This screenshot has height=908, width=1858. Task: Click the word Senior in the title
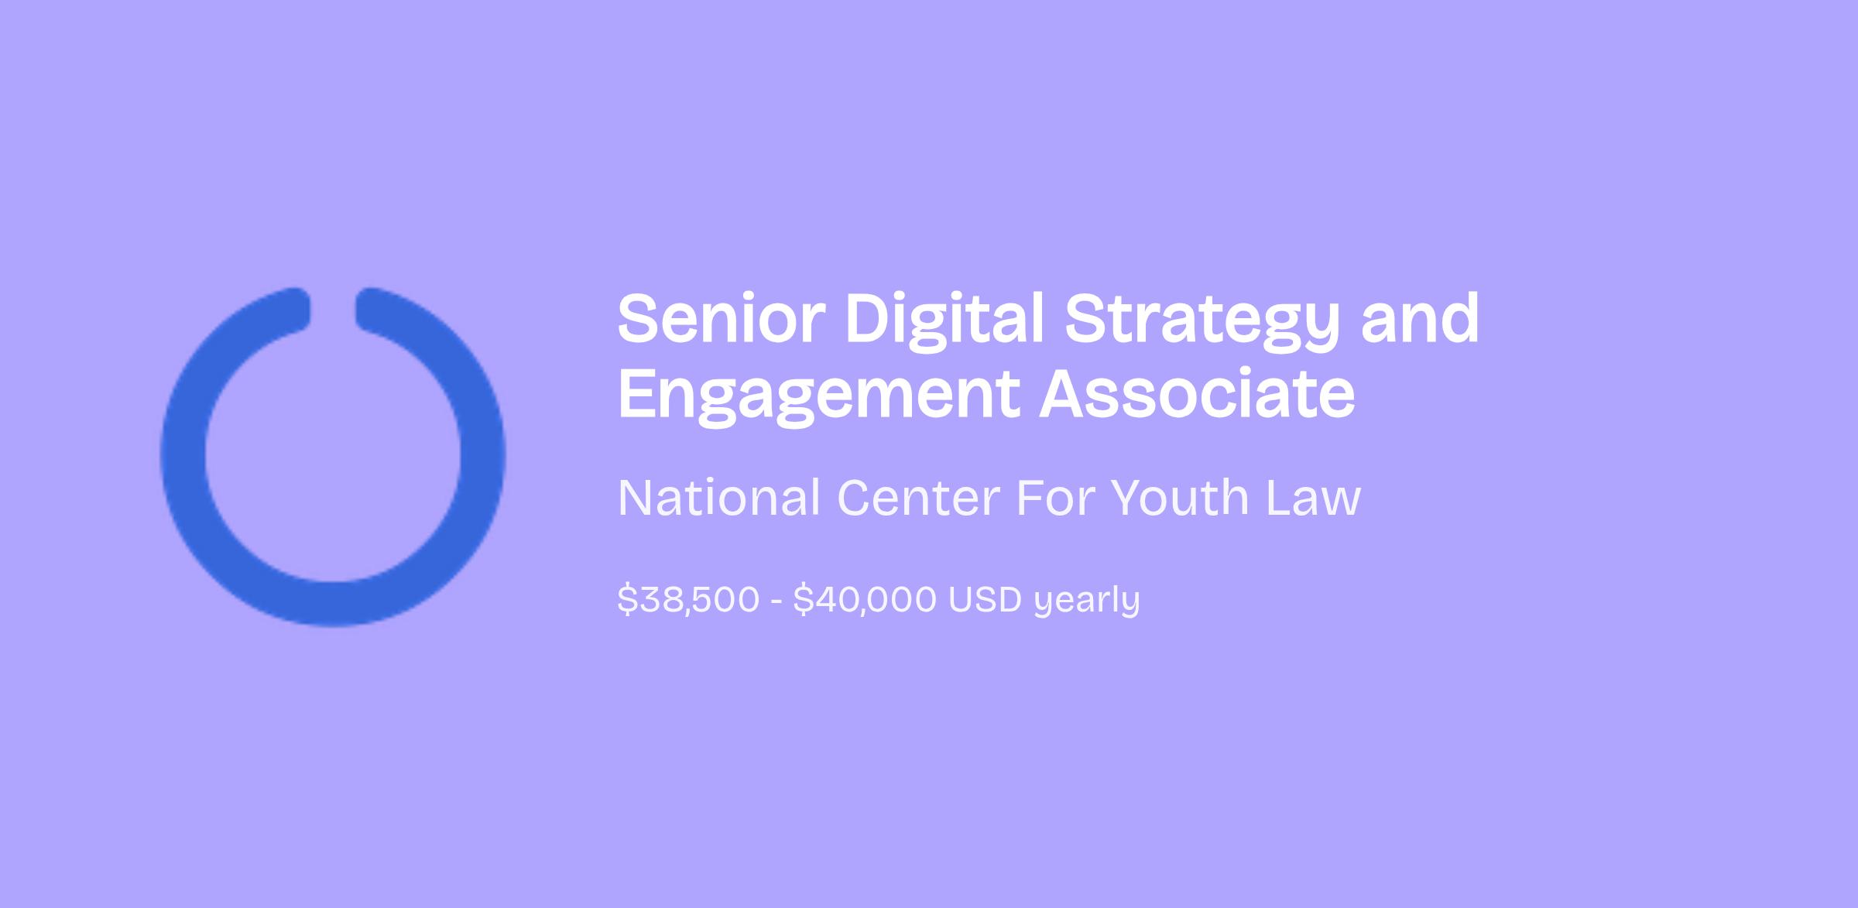pyautogui.click(x=722, y=318)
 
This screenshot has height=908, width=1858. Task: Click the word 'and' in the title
pyautogui.click(x=1421, y=318)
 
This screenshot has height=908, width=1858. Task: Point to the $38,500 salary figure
pyautogui.click(x=688, y=599)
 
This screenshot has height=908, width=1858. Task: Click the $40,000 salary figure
pyautogui.click(x=865, y=599)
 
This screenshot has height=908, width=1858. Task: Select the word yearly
pyautogui.click(x=1088, y=601)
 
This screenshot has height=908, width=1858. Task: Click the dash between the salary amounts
pyautogui.click(x=776, y=601)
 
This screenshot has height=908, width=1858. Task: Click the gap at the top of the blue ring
pyautogui.click(x=333, y=310)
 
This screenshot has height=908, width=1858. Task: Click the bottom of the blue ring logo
pyautogui.click(x=333, y=603)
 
